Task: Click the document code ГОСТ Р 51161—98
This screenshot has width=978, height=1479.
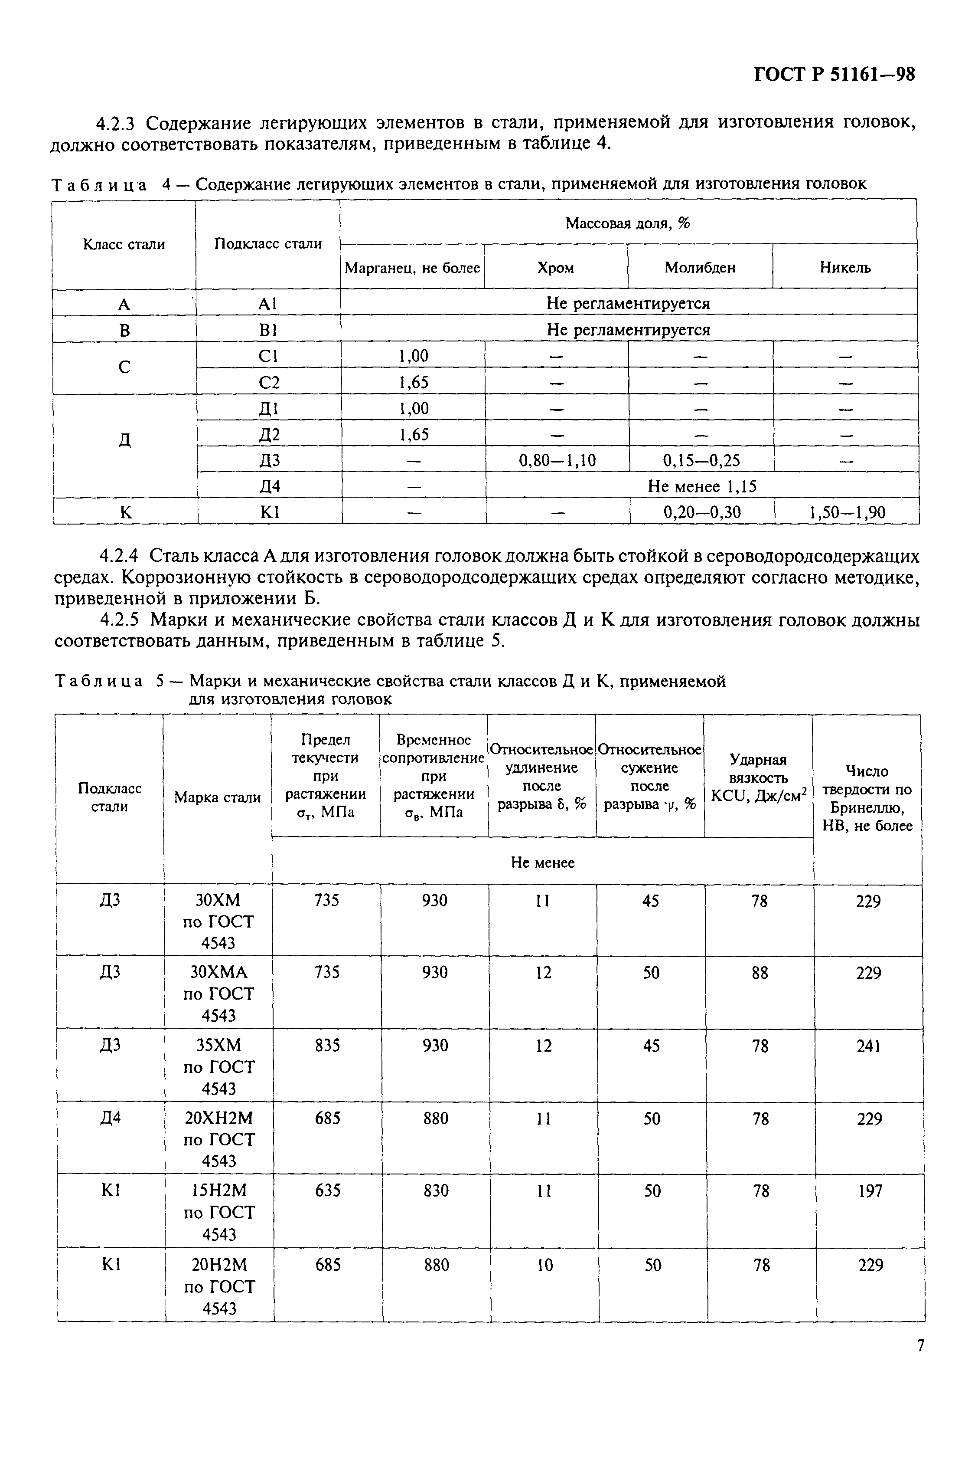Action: [834, 75]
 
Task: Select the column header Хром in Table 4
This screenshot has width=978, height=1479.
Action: [555, 268]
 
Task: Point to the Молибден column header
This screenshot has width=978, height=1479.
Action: [699, 268]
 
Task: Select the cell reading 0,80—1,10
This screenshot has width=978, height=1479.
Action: [557, 461]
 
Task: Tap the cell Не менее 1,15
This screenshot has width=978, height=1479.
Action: [702, 486]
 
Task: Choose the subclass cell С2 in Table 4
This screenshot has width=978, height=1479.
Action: [269, 382]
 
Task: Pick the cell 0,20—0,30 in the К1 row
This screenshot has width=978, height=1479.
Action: [702, 513]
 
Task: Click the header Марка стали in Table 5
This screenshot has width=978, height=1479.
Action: [217, 797]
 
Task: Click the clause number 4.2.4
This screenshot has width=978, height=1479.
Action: [121, 556]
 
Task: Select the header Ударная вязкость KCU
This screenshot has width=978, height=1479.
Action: [759, 777]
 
